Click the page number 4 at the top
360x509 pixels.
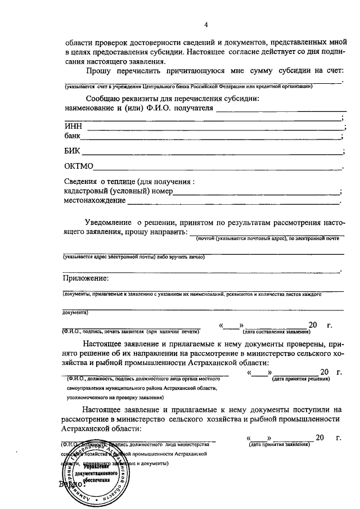pyautogui.click(x=206, y=25)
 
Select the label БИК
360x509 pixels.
pyautogui.click(x=73, y=151)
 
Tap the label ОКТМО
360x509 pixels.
pyautogui.click(x=79, y=166)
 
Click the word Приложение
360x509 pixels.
pyautogui.click(x=85, y=278)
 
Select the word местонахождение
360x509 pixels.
pyautogui.click(x=95, y=200)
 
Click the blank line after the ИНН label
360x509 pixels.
pyautogui.click(x=214, y=129)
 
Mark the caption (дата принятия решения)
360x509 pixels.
pyautogui.click(x=301, y=379)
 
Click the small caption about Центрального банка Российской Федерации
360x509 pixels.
pyautogui.click(x=188, y=86)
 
